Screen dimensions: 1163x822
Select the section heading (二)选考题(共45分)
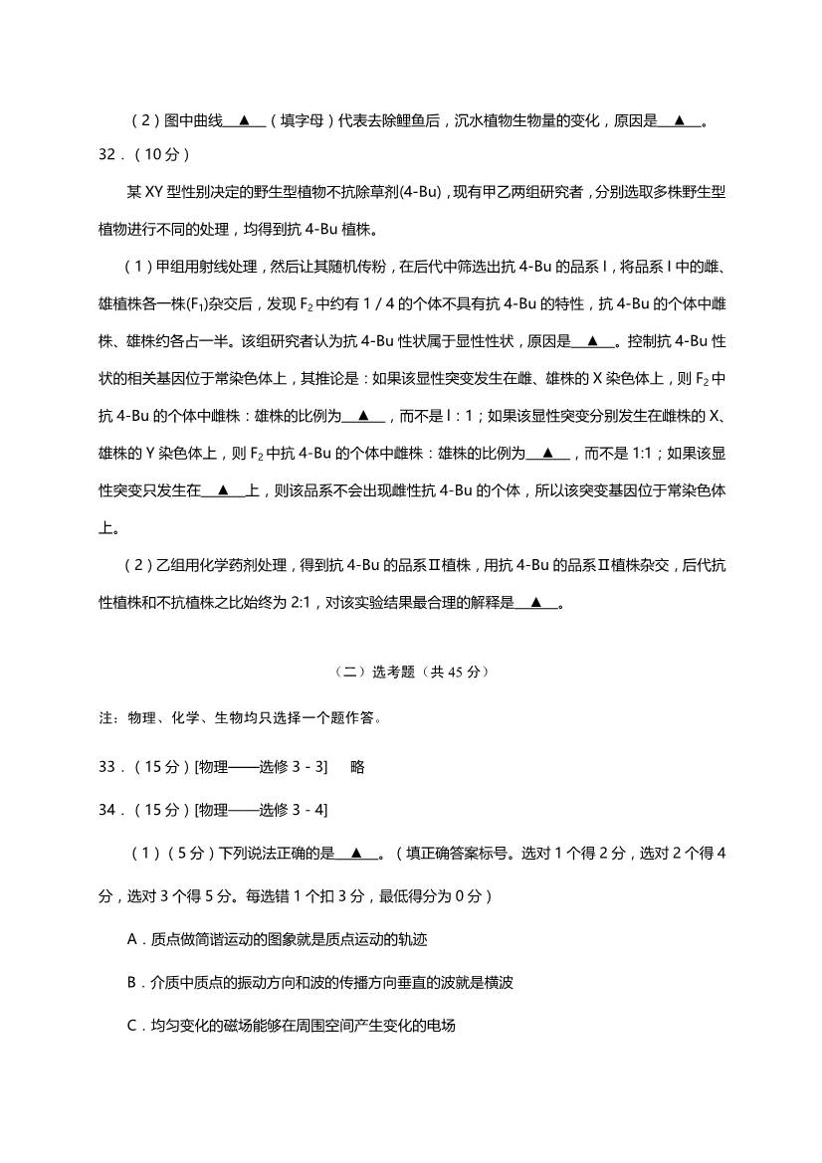[x=410, y=672]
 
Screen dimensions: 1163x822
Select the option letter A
[x=133, y=939]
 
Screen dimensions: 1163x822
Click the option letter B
[x=133, y=982]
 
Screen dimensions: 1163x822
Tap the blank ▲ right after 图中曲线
[x=244, y=120]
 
